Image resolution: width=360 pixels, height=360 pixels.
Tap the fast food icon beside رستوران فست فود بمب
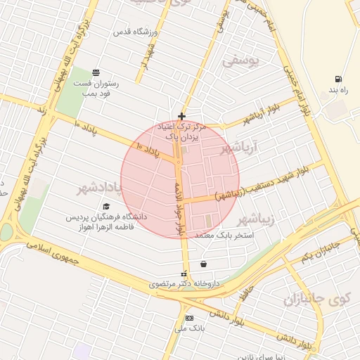pyautogui.click(x=96, y=72)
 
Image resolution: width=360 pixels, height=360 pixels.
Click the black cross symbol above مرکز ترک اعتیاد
pyautogui.click(x=181, y=116)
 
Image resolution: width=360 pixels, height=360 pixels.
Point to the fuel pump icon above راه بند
pyautogui.click(x=340, y=79)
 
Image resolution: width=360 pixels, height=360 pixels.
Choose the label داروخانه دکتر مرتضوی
pyautogui.click(x=184, y=285)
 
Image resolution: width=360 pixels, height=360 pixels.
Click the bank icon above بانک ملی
pyautogui.click(x=188, y=318)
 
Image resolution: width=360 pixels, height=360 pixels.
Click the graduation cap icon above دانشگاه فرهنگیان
pyautogui.click(x=106, y=207)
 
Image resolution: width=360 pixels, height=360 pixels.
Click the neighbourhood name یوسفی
pyautogui.click(x=240, y=62)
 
